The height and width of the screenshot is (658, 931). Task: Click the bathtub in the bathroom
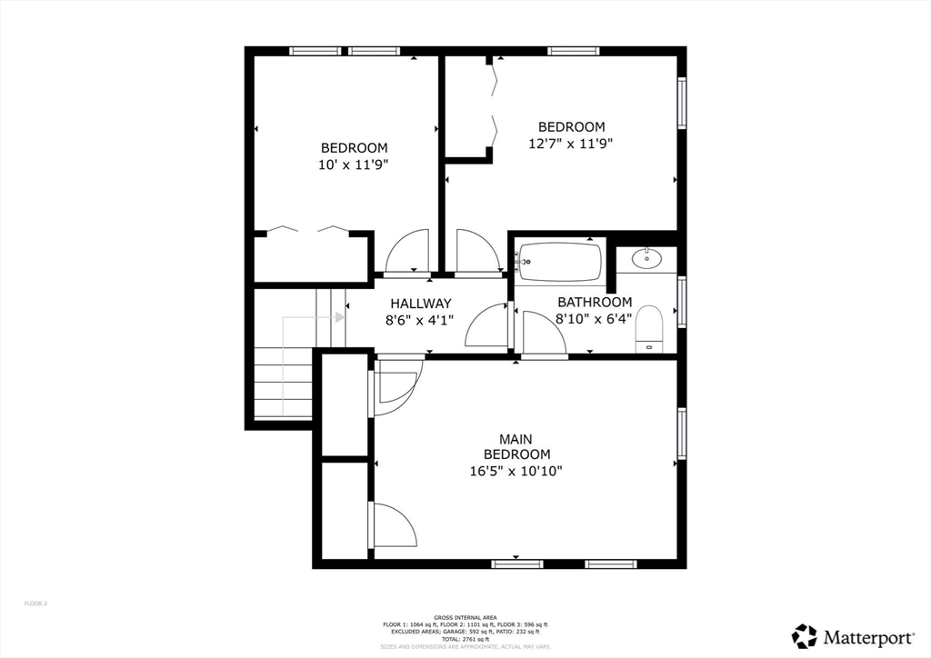[x=560, y=262]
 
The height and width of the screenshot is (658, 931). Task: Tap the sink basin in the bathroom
[x=647, y=259]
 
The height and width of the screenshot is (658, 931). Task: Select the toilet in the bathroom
[x=649, y=328]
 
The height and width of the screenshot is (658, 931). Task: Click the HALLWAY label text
[x=420, y=304]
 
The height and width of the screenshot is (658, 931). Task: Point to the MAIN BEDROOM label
[x=516, y=446]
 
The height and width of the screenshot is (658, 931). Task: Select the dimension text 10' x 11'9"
[x=354, y=164]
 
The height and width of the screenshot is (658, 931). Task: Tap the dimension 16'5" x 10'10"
[x=516, y=471]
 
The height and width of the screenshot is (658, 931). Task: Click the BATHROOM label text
[x=595, y=303]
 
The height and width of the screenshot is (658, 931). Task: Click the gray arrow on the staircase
[x=338, y=317]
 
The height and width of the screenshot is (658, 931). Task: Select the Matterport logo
[x=841, y=635]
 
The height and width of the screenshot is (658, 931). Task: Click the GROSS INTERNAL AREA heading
[x=465, y=618]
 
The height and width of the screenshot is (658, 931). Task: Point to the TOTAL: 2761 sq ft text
[x=465, y=640]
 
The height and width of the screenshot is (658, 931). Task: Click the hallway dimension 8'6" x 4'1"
[x=420, y=319]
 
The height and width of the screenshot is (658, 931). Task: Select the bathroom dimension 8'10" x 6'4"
[x=594, y=318]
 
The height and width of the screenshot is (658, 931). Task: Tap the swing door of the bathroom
[x=544, y=334]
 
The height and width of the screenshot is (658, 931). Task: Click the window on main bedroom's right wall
[x=681, y=434]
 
